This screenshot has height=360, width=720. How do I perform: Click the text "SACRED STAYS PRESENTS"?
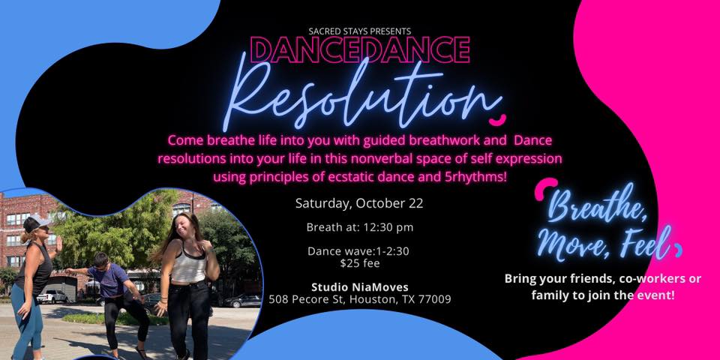pyautogui.click(x=359, y=31)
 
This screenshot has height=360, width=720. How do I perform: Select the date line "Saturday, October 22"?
pyautogui.click(x=359, y=203)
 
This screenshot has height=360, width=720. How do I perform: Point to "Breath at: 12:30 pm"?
pyautogui.click(x=359, y=226)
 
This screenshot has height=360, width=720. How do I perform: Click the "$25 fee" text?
pyautogui.click(x=359, y=263)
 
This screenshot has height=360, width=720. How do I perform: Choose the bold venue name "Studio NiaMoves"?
pyautogui.click(x=359, y=287)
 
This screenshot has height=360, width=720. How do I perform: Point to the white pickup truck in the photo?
pyautogui.click(x=52, y=297)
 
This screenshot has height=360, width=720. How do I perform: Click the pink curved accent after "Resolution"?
pyautogui.click(x=496, y=120)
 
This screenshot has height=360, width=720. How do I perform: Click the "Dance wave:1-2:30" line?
pyautogui.click(x=358, y=252)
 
